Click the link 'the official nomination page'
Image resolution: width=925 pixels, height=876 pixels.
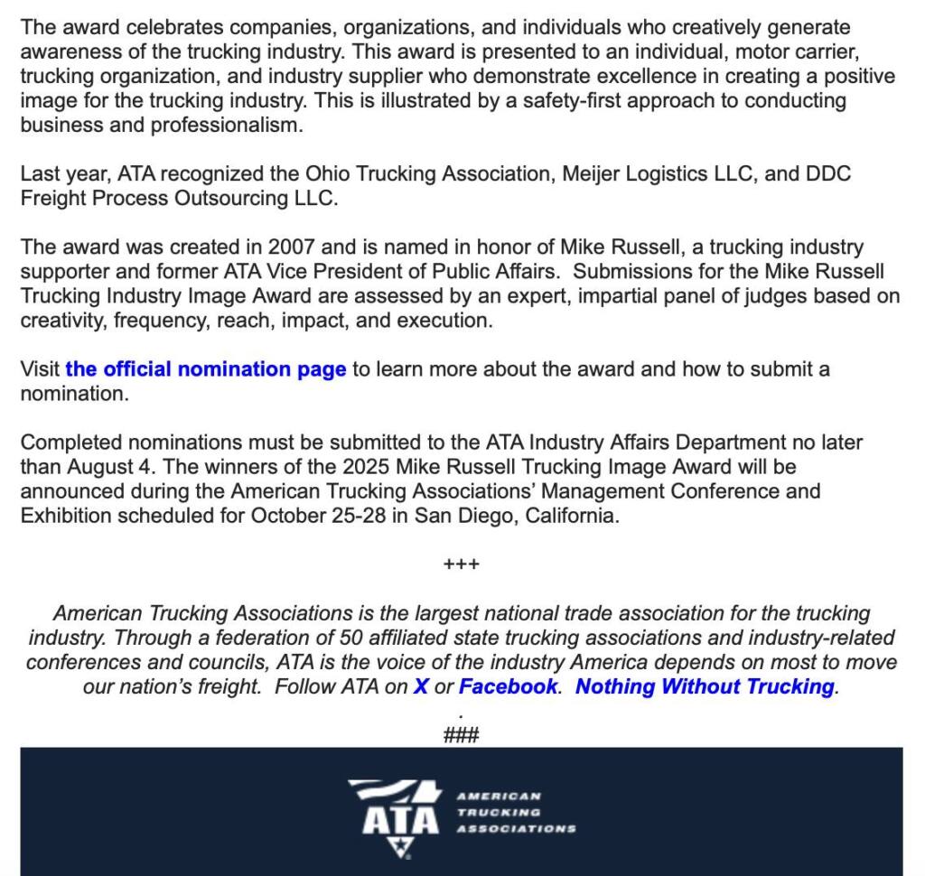(206, 369)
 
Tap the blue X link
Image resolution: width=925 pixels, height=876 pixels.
(421, 686)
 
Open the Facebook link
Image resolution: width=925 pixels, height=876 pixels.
(508, 686)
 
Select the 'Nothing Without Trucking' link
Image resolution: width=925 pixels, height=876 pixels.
(705, 686)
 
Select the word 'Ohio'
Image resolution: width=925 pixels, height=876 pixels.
(327, 173)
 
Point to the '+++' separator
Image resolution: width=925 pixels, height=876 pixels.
(462, 565)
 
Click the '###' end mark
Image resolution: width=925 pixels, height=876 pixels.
(462, 735)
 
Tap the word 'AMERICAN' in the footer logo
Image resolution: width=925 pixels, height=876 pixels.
(499, 797)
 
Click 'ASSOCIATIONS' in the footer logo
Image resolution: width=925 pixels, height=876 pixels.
(516, 828)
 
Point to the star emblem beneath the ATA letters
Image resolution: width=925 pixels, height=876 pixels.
(398, 846)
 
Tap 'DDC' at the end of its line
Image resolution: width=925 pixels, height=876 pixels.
(830, 173)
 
